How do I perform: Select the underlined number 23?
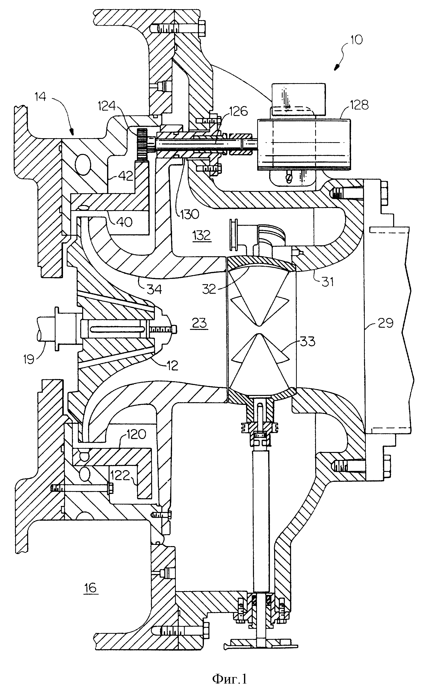[199, 323]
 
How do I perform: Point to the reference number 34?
[155, 289]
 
